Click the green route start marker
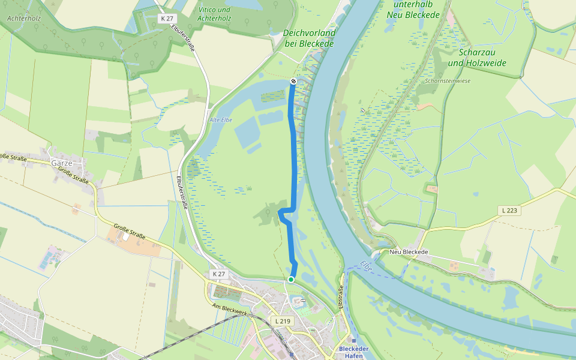click(291, 280)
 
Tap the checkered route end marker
click(293, 81)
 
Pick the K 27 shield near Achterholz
click(168, 19)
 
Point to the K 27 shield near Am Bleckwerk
click(220, 274)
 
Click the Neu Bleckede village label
click(409, 252)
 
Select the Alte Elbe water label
click(220, 120)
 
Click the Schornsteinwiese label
click(447, 80)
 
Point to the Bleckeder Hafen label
click(353, 352)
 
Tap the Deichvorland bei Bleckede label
click(308, 38)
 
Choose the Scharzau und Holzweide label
click(477, 58)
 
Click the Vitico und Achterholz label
click(214, 14)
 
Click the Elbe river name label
click(367, 266)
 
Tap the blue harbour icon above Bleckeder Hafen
click(353, 340)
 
